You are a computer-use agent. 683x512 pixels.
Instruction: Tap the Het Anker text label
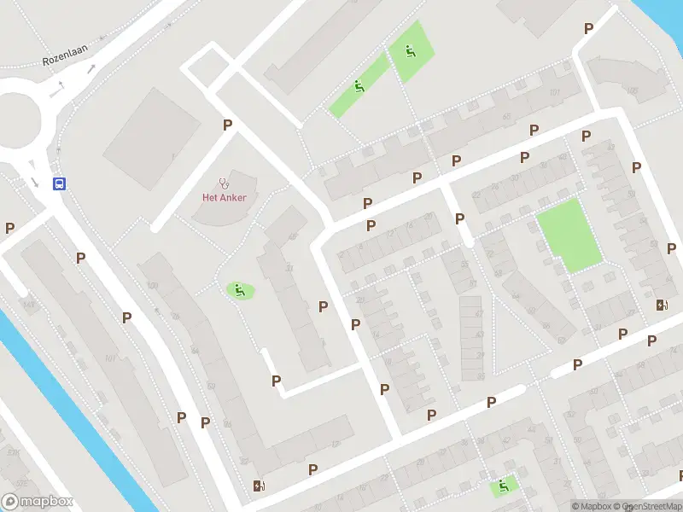point(224,198)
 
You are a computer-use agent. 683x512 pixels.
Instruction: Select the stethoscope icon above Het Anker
point(225,182)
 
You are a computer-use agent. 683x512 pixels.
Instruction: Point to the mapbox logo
point(38,502)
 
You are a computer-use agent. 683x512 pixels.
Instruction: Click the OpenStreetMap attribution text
point(653,506)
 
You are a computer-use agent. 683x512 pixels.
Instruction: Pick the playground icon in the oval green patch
point(240,290)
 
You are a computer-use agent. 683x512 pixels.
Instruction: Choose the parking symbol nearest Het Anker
point(227,125)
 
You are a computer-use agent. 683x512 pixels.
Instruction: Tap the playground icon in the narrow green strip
point(359,86)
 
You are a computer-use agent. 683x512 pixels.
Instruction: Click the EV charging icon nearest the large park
point(662,305)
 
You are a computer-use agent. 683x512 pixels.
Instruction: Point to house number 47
point(479,313)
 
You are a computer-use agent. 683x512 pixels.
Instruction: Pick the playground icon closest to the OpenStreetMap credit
point(503,486)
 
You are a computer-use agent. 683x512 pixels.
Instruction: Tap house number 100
point(153,285)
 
